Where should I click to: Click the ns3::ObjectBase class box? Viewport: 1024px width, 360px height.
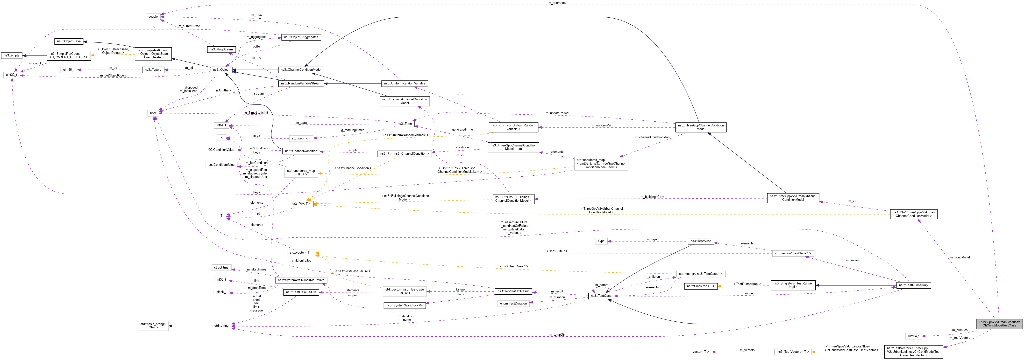click(x=69, y=41)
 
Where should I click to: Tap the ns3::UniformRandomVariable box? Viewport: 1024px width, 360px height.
click(x=404, y=83)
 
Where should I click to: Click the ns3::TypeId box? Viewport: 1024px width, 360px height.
click(x=153, y=69)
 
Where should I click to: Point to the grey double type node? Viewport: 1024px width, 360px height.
click(x=153, y=17)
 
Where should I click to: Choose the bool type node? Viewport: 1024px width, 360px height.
click(x=153, y=113)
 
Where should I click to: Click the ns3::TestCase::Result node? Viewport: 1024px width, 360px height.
click(x=514, y=291)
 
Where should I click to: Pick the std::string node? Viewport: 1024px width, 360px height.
click(x=221, y=326)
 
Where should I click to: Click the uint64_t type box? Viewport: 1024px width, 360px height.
click(x=913, y=336)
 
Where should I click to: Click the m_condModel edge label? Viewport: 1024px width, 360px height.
click(x=960, y=257)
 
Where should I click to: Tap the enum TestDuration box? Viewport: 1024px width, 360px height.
click(x=513, y=304)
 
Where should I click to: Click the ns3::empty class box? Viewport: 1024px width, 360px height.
click(x=12, y=56)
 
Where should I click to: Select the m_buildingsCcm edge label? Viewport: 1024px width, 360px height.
click(x=652, y=197)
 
